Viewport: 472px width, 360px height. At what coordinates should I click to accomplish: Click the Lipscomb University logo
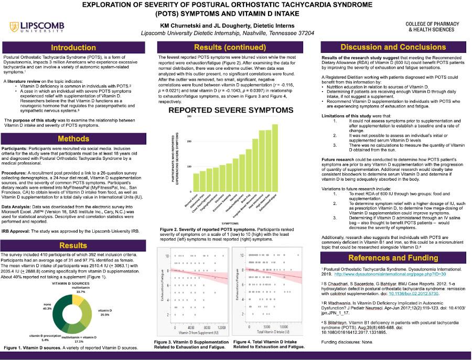(35, 27)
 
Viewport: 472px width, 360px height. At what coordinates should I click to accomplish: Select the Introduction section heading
(73, 47)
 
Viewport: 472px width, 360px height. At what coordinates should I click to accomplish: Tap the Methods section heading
(73, 139)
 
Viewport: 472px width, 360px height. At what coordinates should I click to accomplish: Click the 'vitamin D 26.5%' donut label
(105, 313)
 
